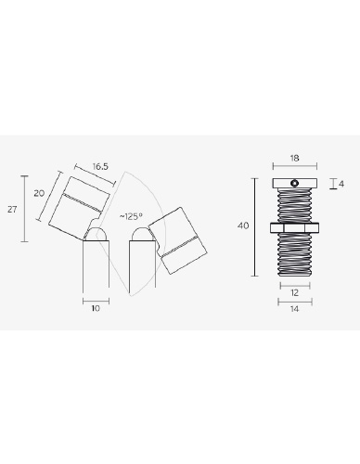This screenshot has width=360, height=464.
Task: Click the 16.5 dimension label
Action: tap(100, 167)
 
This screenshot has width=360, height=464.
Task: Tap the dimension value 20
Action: tap(39, 194)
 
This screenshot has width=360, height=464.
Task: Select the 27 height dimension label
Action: tap(12, 210)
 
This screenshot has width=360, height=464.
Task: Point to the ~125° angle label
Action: tap(131, 216)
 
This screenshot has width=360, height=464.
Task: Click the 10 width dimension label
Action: tap(96, 308)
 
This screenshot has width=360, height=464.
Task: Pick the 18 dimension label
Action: tap(295, 159)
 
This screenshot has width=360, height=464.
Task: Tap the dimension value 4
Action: tap(341, 184)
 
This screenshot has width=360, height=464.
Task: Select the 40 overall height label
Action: tap(243, 226)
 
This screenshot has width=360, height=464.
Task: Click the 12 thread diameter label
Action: tap(295, 292)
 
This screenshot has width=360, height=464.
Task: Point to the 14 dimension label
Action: tap(295, 309)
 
